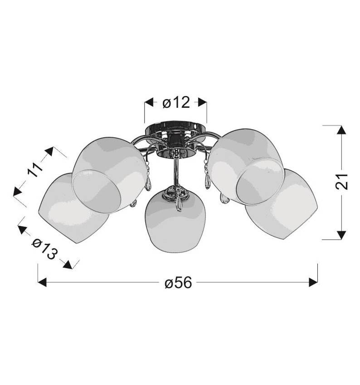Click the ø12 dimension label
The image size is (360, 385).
[175, 103]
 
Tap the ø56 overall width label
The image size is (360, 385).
[178, 283]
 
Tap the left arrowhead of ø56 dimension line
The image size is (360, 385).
[42, 283]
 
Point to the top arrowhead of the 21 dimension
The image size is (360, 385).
[340, 130]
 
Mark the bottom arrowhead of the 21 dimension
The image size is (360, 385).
[340, 234]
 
